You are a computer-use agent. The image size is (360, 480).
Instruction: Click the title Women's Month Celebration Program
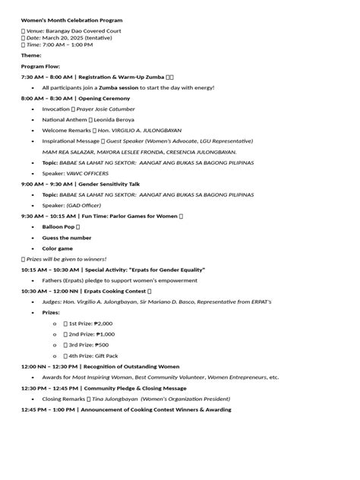[71, 21]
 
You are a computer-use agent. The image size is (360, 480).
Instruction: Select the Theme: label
[31, 55]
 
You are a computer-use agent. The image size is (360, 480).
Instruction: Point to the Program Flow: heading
[40, 66]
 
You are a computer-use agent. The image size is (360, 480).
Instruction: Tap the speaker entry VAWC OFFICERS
[87, 173]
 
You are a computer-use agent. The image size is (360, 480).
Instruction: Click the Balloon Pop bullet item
[58, 226]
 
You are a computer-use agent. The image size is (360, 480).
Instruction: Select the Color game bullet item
[58, 248]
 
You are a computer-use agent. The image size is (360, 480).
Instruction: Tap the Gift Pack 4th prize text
[107, 355]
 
